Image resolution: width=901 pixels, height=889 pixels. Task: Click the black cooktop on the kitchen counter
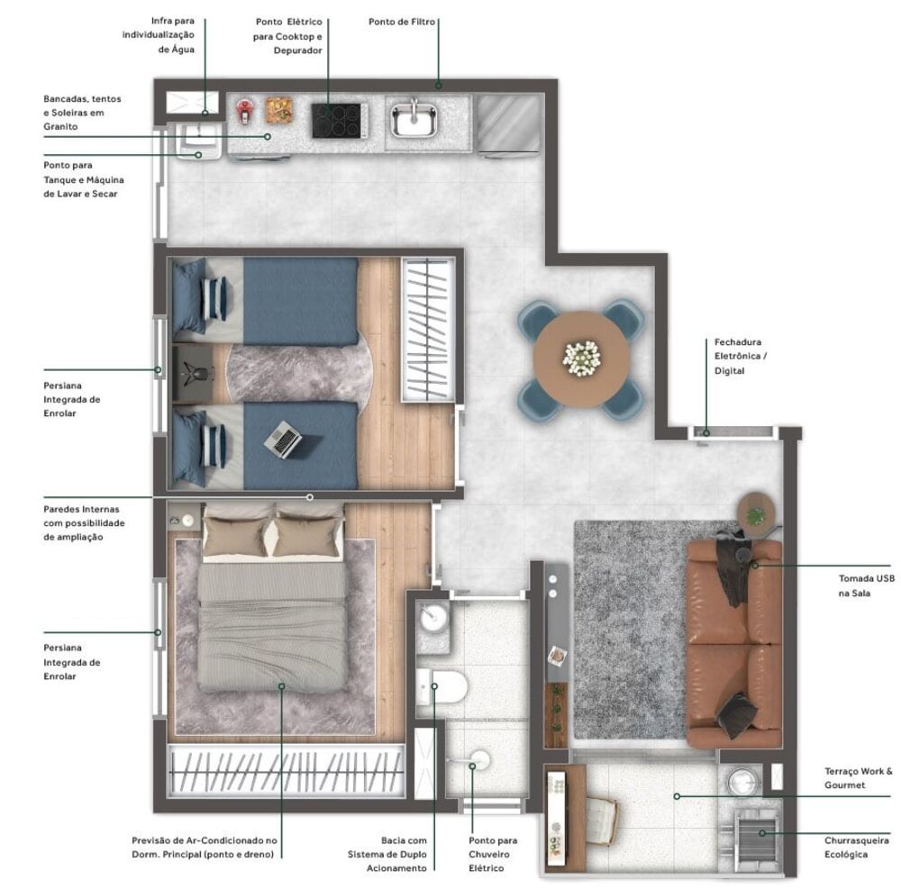339,121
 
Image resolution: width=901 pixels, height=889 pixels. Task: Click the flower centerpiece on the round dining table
581,358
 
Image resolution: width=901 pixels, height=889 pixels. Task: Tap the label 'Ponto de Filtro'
403,21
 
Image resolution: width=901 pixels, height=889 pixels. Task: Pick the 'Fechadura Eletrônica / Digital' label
738,356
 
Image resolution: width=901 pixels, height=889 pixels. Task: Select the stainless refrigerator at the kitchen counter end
508,124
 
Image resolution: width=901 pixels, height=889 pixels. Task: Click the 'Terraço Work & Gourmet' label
858,778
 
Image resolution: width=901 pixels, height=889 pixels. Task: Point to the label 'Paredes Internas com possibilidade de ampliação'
84,522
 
